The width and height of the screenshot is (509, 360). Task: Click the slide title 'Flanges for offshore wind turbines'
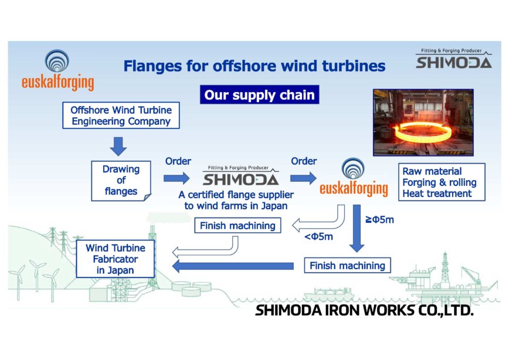coord(254,66)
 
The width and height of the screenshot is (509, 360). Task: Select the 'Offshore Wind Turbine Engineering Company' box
coord(120,116)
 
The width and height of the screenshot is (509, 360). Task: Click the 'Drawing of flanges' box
coord(121,180)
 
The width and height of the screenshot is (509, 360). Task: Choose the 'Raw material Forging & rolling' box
coord(442,182)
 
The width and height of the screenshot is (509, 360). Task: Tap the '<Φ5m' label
coord(318,237)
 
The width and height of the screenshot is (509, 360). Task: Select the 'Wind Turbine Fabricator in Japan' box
coord(116,259)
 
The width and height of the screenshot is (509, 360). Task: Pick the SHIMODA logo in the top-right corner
coord(453,59)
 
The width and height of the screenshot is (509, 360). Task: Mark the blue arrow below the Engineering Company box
coord(119,145)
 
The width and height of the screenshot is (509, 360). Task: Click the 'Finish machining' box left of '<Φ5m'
coord(237,225)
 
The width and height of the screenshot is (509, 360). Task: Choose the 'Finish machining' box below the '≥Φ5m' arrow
coord(347,266)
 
